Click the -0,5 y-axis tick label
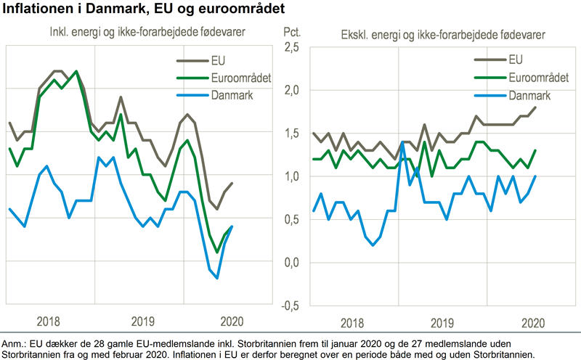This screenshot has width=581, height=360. (x=289, y=305)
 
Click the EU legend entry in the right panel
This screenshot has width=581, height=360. (x=516, y=60)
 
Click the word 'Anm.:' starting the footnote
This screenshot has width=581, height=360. (x=15, y=342)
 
